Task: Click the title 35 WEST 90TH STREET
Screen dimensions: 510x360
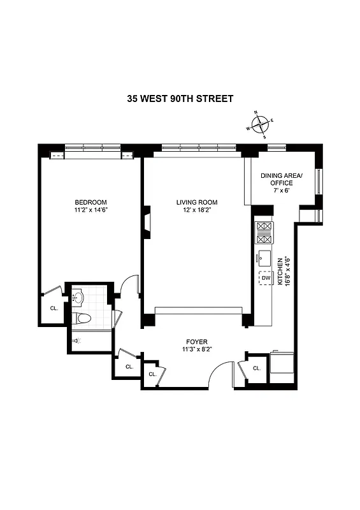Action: (x=180, y=99)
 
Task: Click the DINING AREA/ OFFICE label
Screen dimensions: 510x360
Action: (x=283, y=179)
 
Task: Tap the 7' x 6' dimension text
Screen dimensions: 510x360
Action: (x=283, y=191)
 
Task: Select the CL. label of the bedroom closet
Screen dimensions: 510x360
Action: (x=54, y=309)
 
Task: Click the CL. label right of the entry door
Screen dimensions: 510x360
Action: (x=257, y=368)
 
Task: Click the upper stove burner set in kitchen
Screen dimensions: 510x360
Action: (x=264, y=226)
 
